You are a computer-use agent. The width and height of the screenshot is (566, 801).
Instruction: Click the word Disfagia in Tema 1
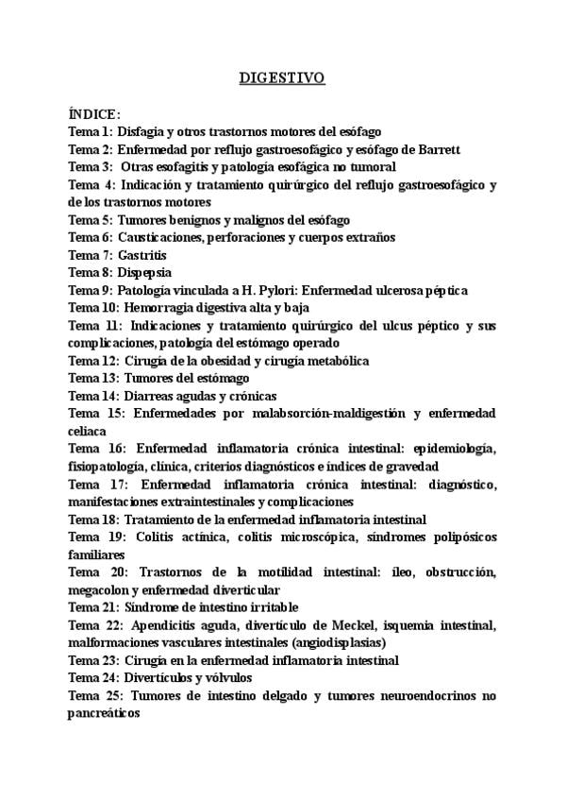[x=141, y=132]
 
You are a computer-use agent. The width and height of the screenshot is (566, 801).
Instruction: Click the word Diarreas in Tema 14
[x=149, y=396]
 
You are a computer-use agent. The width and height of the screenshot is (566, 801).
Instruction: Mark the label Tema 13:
[x=93, y=378]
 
